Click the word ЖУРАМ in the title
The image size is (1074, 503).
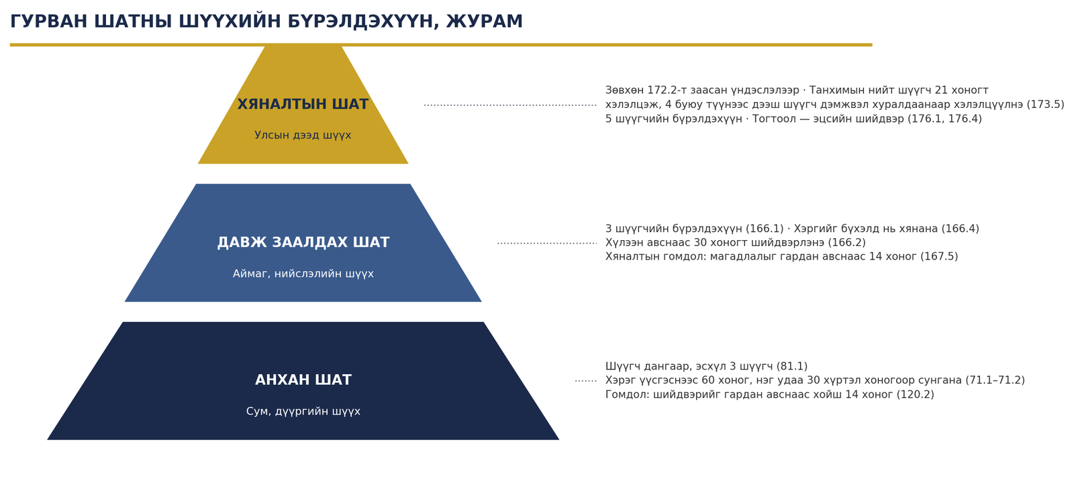pos(484,21)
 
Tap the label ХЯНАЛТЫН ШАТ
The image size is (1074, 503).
pos(303,104)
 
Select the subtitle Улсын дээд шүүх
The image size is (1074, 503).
pos(303,135)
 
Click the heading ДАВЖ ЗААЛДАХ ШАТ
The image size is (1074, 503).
pos(303,242)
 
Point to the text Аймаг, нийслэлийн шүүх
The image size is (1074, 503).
pos(303,274)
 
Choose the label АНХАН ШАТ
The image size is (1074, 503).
pos(303,380)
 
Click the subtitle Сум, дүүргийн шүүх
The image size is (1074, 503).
pos(303,412)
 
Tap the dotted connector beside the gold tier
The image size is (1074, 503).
pos(510,105)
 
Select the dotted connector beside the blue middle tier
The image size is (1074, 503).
pos(547,243)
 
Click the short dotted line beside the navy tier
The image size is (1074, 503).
pos(586,381)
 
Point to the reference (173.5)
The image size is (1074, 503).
pos(1045,105)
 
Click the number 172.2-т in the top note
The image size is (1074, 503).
pos(667,90)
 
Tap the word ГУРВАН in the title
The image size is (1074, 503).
pos(49,21)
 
